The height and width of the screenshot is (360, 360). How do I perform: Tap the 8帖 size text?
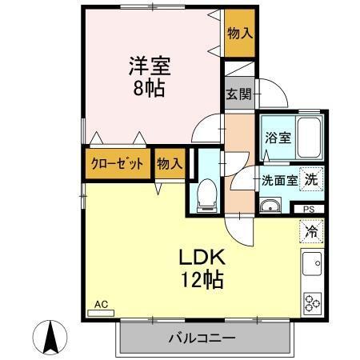[150, 87]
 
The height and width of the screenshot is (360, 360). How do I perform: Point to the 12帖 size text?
[201, 281]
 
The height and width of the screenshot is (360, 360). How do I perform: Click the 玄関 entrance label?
[238, 94]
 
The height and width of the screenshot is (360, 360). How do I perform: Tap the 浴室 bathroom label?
[278, 136]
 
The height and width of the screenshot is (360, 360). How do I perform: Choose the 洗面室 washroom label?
[280, 180]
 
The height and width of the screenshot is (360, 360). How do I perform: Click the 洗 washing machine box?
[313, 179]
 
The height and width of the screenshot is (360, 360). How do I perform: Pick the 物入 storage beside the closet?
[169, 164]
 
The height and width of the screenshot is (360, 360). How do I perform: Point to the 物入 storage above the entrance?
[239, 33]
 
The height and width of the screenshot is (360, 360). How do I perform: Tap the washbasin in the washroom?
[269, 209]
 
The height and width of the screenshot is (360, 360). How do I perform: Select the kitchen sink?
[312, 262]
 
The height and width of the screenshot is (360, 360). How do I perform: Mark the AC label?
[101, 305]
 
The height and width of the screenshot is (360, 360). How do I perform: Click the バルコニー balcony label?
[200, 338]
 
